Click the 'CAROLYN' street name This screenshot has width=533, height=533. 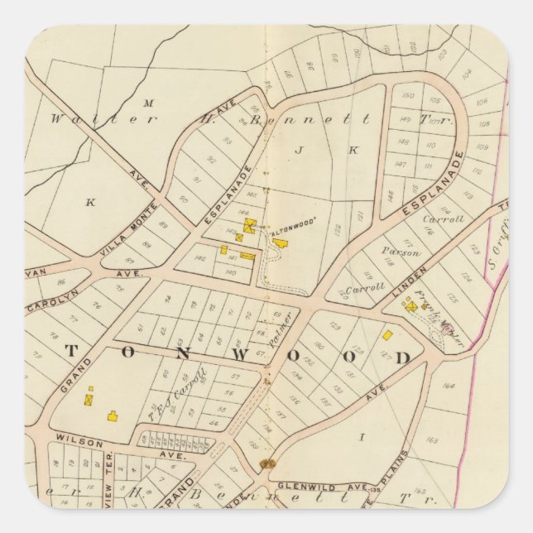point(45,305)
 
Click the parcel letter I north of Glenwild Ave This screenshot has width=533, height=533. point(362,434)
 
